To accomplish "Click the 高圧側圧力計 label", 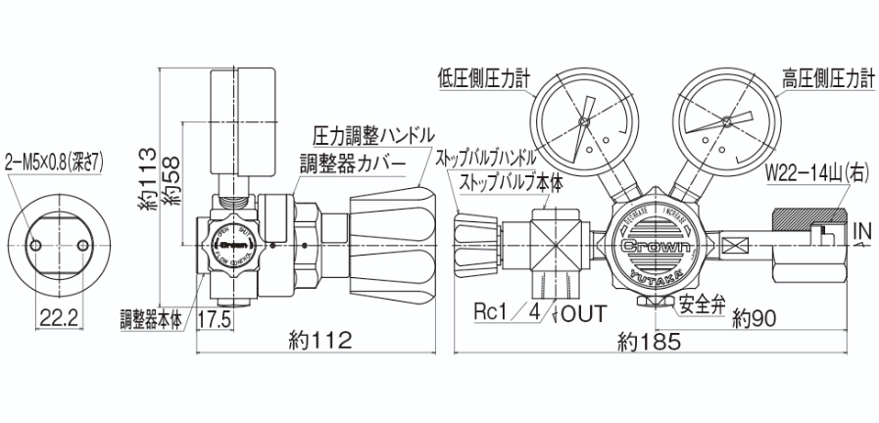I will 827,76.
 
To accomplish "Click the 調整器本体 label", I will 151,319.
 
